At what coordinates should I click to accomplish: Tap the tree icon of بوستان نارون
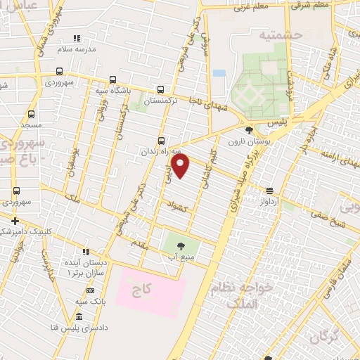[249, 130]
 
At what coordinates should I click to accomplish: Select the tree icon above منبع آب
[181, 245]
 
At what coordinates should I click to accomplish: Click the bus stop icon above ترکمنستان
[161, 89]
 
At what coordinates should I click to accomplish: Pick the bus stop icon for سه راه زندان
[162, 140]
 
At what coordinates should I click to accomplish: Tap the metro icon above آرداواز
[269, 191]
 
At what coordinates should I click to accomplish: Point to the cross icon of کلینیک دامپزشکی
[15, 221]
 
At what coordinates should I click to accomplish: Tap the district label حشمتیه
[279, 34]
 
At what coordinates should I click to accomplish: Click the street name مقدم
[140, 243]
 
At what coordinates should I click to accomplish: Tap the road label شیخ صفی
[330, 225]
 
